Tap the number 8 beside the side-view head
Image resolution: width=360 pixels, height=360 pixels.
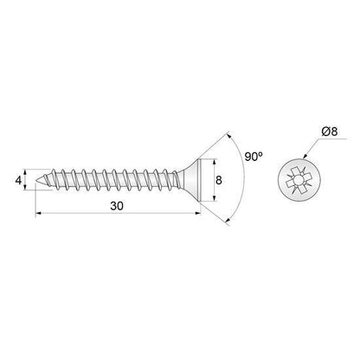219,181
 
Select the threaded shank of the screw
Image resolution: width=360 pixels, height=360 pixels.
112,180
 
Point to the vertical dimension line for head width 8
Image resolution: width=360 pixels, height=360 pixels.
210,180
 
